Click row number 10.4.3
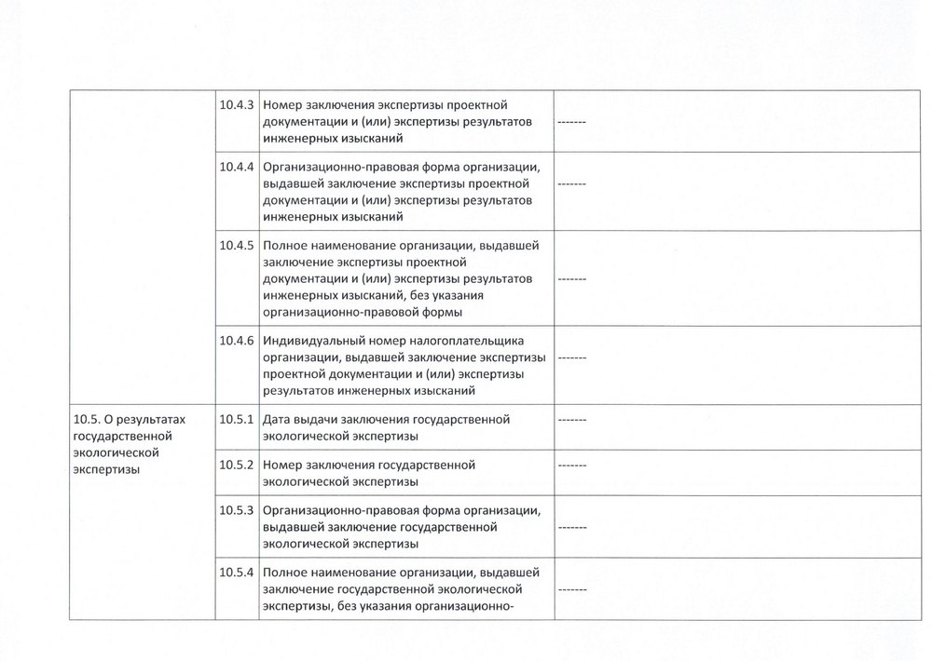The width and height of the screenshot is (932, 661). tap(237, 105)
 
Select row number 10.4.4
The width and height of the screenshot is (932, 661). tap(237, 168)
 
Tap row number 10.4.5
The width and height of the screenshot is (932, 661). tap(237, 247)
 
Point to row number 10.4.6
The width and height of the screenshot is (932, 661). tap(237, 341)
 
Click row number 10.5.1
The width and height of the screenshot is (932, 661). tap(237, 420)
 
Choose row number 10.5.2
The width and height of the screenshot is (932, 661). tap(237, 465)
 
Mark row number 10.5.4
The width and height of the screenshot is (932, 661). tap(237, 573)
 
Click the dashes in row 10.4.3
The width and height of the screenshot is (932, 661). tap(571, 123)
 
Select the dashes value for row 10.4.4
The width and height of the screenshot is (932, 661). tap(571, 184)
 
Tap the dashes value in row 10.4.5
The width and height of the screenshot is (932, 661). tap(571, 278)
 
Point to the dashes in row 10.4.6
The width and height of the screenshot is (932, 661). tap(571, 357)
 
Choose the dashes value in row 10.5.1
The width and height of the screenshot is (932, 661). tap(571, 421)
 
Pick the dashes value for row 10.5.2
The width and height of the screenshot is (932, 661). tap(571, 465)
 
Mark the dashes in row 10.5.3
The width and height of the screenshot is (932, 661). tap(571, 527)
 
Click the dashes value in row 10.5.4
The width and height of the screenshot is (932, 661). tap(571, 590)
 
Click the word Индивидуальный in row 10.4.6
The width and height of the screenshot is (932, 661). tap(311, 341)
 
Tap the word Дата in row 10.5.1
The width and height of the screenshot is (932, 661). tap(278, 420)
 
